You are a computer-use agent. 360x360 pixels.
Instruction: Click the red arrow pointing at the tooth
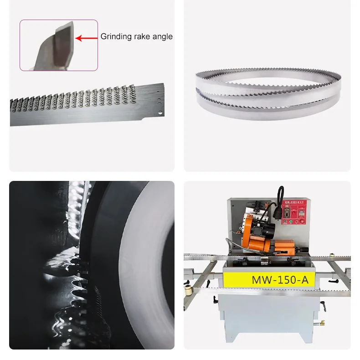[x=87, y=38]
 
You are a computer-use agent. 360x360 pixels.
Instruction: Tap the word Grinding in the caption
[x=114, y=36]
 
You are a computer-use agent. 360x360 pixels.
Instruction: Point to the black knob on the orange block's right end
[x=302, y=250]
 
